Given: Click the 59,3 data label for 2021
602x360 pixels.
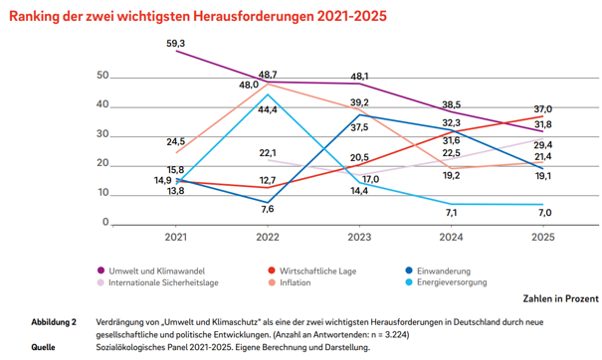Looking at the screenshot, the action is point(175,44).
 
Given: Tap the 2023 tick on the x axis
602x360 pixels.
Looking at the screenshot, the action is point(359,238).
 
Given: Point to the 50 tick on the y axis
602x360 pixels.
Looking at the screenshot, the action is point(102,76).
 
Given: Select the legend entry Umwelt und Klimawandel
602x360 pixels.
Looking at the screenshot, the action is point(151,270).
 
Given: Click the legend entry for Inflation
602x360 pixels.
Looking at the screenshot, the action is point(290,282).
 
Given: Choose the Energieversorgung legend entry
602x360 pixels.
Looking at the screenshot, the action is point(446,282).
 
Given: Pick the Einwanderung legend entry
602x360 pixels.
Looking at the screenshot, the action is point(438,270).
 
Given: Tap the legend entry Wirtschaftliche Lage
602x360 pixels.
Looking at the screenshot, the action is point(312,270).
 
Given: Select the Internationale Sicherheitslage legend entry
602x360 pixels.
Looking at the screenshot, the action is point(158,282).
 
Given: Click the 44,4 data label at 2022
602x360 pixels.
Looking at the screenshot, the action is point(268,110).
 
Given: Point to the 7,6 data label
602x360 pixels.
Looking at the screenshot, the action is point(268,209).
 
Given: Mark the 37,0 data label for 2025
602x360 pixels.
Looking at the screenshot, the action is point(543,109).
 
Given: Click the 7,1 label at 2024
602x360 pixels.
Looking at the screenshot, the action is point(451,213).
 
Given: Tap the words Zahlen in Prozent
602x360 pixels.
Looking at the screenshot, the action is point(560,298).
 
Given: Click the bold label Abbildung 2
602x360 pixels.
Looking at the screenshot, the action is point(54,322).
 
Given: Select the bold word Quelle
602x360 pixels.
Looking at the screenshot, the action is point(43,347).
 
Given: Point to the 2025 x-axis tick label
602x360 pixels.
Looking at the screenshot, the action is point(543,238).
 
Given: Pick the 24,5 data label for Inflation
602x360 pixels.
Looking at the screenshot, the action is point(175,141).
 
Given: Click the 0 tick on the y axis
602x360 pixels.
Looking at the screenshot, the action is point(105,222).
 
